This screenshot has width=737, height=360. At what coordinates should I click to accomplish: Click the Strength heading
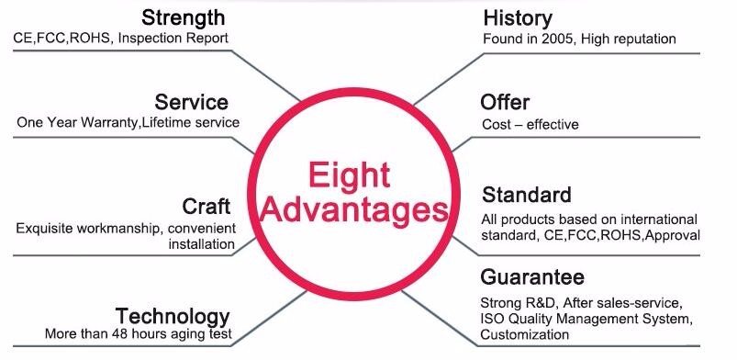(x=183, y=17)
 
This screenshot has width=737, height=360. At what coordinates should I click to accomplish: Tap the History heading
(x=518, y=18)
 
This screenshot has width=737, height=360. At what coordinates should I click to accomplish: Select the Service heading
(x=191, y=102)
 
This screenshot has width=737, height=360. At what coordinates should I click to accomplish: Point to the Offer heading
(x=505, y=102)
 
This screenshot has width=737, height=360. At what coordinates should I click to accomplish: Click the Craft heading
(x=207, y=206)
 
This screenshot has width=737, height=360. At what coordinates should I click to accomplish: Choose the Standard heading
(x=527, y=195)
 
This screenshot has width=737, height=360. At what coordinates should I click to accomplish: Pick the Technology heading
(x=173, y=316)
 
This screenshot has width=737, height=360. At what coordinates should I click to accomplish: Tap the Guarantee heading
(x=532, y=276)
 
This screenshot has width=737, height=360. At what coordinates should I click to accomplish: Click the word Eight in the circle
(x=350, y=174)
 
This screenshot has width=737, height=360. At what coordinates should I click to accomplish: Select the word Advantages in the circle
(x=354, y=210)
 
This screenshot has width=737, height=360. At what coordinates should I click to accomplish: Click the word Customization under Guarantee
(x=525, y=335)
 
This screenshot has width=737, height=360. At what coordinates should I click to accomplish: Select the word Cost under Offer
(x=496, y=125)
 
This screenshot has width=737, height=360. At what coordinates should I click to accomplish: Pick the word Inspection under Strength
(x=149, y=39)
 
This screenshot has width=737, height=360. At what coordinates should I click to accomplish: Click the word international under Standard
(x=659, y=219)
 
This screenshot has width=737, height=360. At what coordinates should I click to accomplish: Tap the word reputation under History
(x=644, y=39)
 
